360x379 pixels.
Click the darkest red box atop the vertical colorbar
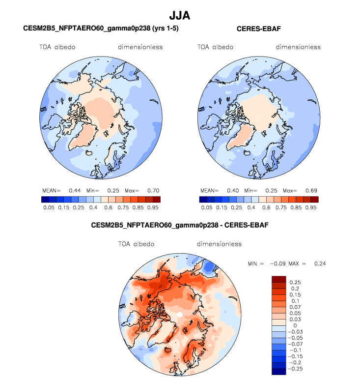coord(279,279)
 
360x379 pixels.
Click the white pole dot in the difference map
coord(180,314)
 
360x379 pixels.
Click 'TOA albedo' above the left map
coord(57,47)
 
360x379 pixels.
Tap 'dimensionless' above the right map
coord(298,47)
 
